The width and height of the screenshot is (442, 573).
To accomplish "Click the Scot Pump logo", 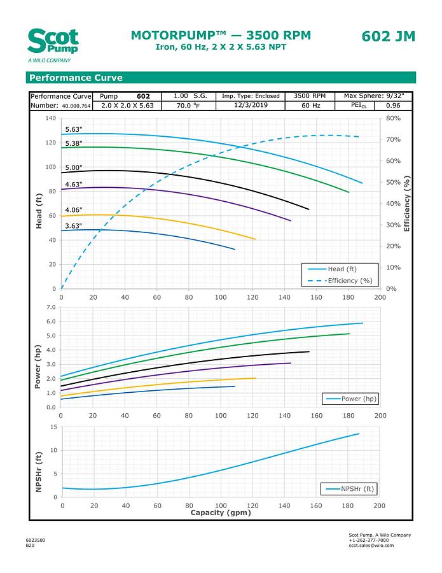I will pos(53,43).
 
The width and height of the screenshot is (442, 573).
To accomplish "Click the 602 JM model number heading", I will pos(388,36).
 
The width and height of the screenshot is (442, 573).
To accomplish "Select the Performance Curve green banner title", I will pos(75,78).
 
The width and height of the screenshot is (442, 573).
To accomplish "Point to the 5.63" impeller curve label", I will pos(74,129).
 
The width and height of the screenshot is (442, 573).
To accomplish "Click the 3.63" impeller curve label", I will pos(74,225).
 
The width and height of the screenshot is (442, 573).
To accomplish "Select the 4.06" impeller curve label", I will pos(74,210).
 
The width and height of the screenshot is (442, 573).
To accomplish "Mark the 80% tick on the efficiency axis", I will pos(393,118).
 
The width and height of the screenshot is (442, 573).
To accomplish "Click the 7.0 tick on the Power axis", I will pos(52,307).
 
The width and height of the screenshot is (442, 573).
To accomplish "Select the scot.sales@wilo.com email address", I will pos(371,546).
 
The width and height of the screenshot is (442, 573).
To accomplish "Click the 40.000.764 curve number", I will pos(76,106).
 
